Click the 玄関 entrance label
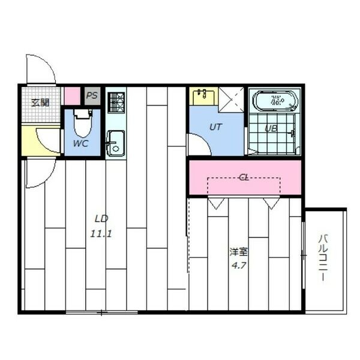[40, 103]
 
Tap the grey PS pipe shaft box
[92, 96]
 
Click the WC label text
[81, 143]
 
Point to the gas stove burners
[116, 103]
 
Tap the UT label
[215, 127]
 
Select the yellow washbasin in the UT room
[203, 96]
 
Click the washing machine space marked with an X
[231, 100]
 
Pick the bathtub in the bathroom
[275, 100]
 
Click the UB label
[271, 128]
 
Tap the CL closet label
[244, 177]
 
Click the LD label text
[101, 219]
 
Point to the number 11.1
[101, 234]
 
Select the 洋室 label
[239, 251]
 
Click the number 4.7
[239, 266]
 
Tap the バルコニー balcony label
[323, 257]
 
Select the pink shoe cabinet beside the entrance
[72, 96]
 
